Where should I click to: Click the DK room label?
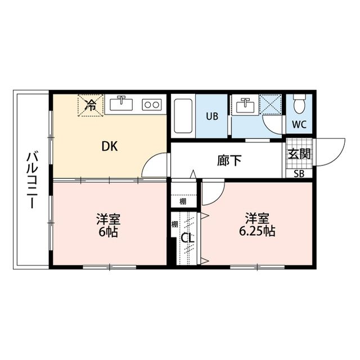coord(109,146)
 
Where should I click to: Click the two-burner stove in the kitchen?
coord(151,104)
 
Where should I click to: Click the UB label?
coord(211,117)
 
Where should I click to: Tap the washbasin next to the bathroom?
coord(245,105)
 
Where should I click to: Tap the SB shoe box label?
coord(298,173)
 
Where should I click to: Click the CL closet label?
coord(187,238)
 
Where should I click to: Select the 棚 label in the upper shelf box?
coord(183,201)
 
